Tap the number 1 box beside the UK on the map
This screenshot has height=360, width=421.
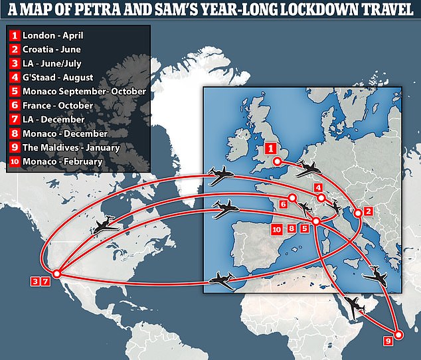click(x=270, y=149)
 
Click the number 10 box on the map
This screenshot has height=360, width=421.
click(x=277, y=228)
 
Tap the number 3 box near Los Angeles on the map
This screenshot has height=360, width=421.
click(x=34, y=282)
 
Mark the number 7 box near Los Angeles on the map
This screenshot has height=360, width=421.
click(x=45, y=282)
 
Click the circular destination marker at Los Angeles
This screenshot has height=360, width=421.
click(x=57, y=273)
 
